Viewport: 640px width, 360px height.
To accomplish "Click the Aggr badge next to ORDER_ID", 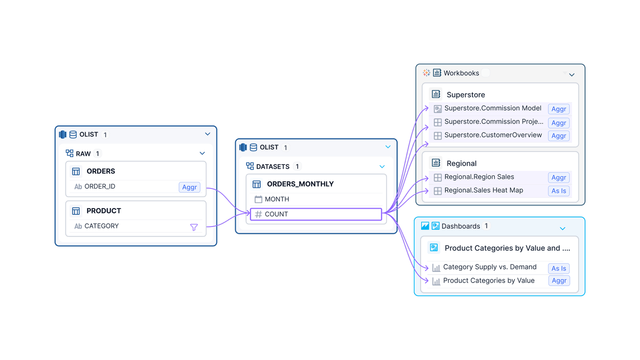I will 189,187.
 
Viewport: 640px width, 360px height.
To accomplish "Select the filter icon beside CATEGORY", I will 194,227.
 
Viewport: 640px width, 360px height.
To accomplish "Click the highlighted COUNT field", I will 316,214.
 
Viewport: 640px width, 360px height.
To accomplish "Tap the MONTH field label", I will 277,199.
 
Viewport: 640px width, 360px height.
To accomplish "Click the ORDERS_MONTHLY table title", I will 300,184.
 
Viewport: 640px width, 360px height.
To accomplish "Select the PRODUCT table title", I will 104,211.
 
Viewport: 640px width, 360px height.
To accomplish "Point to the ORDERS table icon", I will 76,172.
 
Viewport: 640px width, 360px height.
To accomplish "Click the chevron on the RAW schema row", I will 202,154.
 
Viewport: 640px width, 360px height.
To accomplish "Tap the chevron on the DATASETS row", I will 382,167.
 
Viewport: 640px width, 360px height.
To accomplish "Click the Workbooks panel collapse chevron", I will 572,75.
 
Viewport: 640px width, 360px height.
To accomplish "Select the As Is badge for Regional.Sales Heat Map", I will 558,191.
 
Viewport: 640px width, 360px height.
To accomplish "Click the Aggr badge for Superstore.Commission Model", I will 558,109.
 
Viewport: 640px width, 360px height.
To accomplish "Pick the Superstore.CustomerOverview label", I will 493,135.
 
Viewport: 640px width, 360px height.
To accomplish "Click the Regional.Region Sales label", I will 479,177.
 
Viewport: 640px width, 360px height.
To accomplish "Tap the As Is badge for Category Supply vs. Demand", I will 558,268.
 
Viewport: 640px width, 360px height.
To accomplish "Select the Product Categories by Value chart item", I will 488,280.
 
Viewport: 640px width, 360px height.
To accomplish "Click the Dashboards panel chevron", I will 562,228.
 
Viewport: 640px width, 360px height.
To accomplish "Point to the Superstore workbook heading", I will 466,95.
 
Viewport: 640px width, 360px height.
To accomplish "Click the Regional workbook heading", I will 461,164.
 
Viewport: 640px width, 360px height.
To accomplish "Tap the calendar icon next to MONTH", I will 258,199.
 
